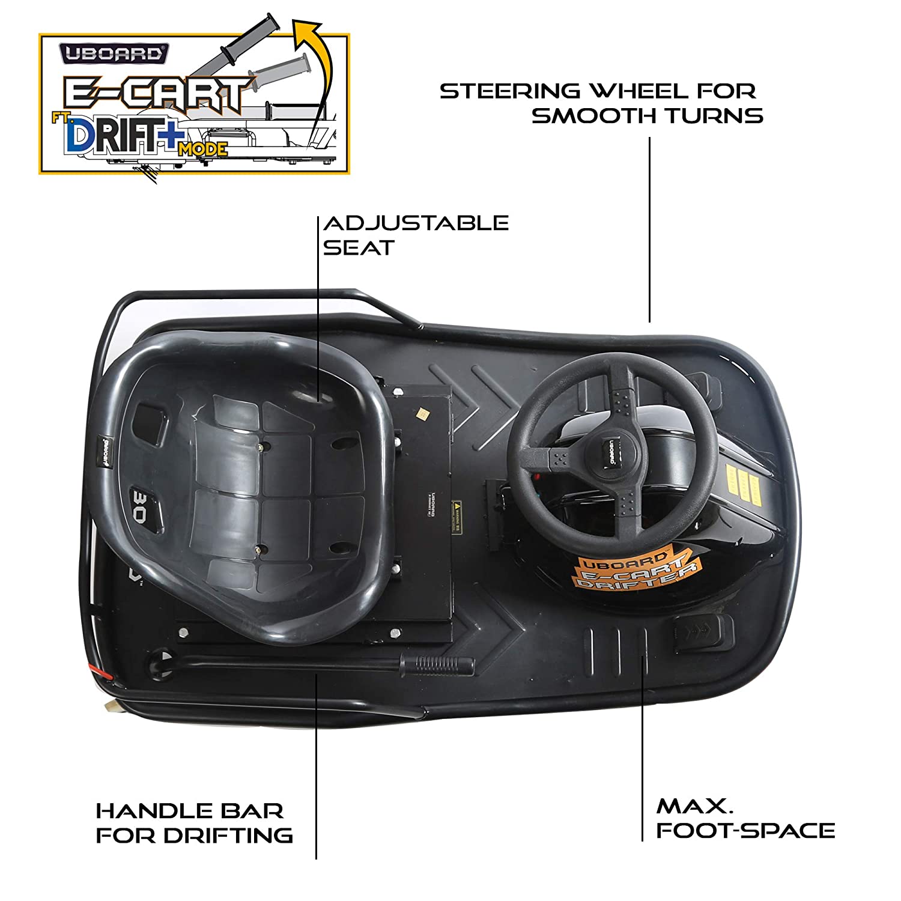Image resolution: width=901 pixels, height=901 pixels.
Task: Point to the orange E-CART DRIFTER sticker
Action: (634, 571)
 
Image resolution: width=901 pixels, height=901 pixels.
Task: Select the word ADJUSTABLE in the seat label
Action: (416, 223)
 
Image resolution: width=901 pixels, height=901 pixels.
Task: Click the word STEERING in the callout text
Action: (510, 91)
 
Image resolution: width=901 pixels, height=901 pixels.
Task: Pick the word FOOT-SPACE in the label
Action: (745, 831)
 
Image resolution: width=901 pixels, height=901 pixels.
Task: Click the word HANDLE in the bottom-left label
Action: (150, 811)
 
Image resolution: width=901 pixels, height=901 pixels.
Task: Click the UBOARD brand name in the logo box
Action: (114, 53)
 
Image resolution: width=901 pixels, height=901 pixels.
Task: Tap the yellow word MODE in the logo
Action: (202, 149)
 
